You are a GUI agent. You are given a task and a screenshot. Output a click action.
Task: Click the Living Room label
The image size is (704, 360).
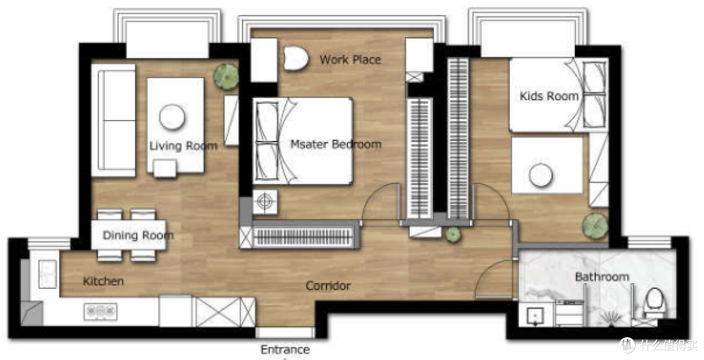[x=183, y=145]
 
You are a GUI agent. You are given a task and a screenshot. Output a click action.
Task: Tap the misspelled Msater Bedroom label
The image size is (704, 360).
[x=336, y=144]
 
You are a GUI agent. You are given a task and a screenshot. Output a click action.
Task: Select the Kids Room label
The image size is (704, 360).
[x=549, y=96]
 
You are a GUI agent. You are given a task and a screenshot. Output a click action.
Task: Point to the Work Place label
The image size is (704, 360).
[x=350, y=59]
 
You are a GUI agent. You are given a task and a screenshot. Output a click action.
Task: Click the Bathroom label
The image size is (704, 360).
[x=602, y=277]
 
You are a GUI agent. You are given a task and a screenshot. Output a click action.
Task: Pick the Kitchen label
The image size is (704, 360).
[x=103, y=281]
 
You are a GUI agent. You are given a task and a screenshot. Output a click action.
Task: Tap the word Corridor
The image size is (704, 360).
[x=328, y=286]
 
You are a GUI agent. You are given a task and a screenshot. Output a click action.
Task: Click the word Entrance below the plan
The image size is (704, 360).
[x=285, y=349]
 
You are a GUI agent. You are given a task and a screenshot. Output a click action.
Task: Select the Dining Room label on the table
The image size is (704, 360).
[x=138, y=235]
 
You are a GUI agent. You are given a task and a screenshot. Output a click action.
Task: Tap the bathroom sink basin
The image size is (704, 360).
[x=535, y=315]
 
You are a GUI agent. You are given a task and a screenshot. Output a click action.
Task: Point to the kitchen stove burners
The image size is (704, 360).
[x=100, y=311]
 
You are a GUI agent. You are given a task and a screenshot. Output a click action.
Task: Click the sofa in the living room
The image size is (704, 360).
[x=113, y=121]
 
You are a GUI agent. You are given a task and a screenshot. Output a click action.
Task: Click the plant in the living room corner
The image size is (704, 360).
[x=226, y=76]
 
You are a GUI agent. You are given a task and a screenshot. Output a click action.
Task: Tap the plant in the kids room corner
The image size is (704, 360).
[x=595, y=226]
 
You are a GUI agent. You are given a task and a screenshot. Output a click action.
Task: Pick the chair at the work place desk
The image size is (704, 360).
[x=296, y=59]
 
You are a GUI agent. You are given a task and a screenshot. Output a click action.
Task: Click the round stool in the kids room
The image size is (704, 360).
[x=540, y=175]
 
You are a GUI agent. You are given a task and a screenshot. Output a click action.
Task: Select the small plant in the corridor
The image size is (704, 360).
[x=452, y=235]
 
